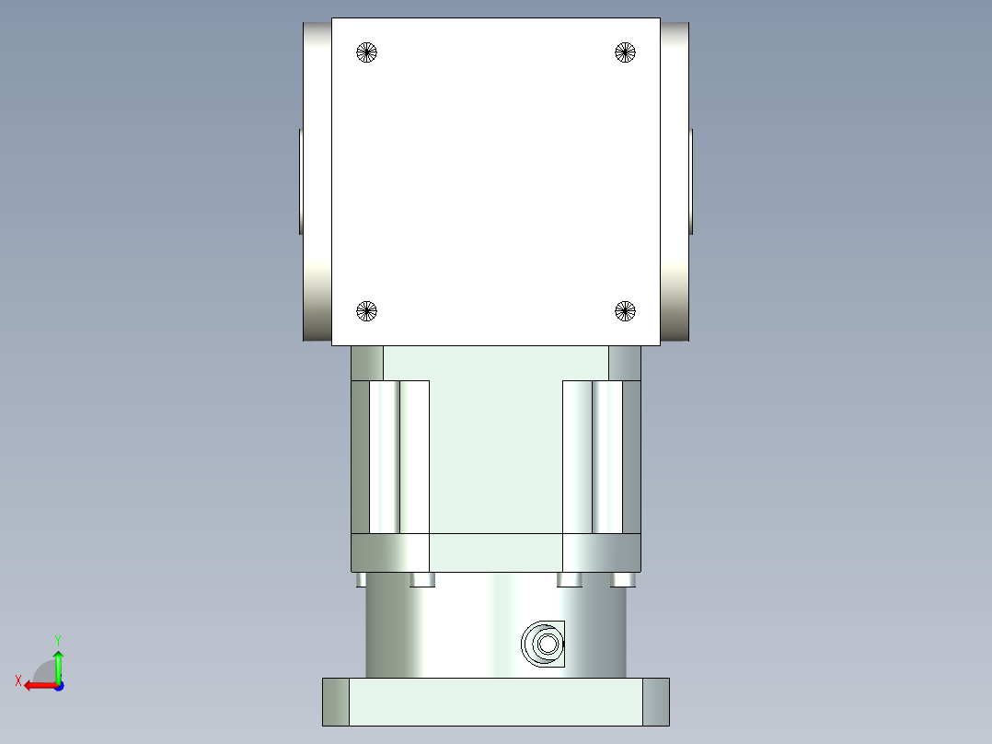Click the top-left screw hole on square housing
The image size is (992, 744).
[x=367, y=52]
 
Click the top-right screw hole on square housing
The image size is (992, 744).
[x=626, y=52]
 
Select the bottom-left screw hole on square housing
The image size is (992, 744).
[x=367, y=311]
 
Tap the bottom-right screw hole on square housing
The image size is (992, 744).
[x=626, y=311]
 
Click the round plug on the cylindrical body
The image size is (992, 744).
[x=542, y=644]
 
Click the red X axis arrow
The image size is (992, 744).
[x=37, y=685]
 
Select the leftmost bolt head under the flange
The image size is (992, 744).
[x=361, y=579]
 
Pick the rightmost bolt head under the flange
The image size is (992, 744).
[x=624, y=579]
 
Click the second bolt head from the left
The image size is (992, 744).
[x=422, y=579]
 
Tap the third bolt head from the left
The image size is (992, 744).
[x=570, y=579]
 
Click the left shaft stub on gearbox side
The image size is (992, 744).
[x=300, y=181]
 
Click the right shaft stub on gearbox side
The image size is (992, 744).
[x=691, y=181]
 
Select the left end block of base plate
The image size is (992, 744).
[x=336, y=702]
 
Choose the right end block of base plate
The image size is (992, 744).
[x=655, y=702]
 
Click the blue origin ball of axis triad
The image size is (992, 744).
[x=58, y=686]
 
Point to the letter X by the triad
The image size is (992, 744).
[x=17, y=680]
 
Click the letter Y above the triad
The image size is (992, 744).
[x=57, y=639]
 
